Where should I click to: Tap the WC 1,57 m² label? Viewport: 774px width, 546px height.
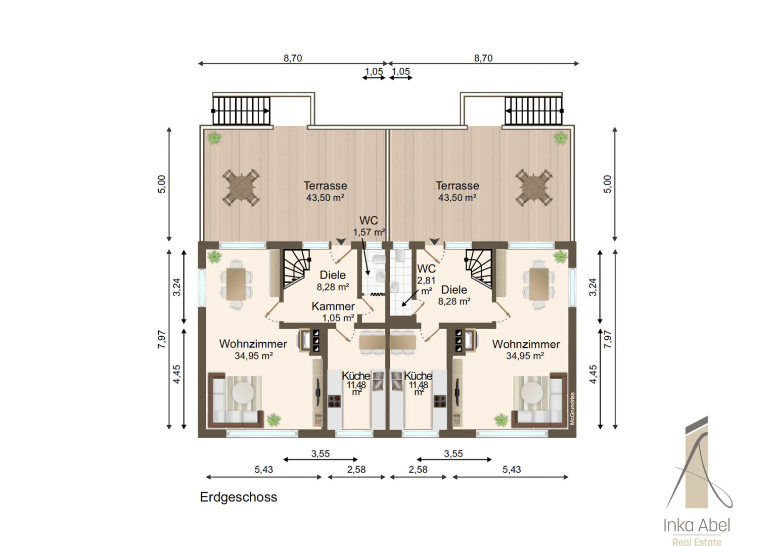(369, 226)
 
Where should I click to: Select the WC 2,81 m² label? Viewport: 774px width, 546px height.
(426, 280)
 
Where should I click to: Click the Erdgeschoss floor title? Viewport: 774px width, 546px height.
(239, 497)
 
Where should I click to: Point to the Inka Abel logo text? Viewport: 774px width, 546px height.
(697, 526)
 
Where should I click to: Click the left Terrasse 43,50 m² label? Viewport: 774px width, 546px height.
(325, 192)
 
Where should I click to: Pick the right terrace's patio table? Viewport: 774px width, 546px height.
(534, 188)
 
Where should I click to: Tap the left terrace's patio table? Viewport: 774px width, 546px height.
(241, 188)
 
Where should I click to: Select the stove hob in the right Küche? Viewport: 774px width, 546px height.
(440, 401)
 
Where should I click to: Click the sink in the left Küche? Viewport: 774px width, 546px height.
(378, 381)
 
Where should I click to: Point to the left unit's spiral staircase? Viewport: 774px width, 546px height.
(296, 269)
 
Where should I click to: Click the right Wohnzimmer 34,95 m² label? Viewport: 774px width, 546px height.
(526, 350)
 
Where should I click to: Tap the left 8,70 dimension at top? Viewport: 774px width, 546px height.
(293, 58)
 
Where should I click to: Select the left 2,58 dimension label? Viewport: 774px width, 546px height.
(356, 470)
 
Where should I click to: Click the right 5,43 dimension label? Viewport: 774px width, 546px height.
(512, 470)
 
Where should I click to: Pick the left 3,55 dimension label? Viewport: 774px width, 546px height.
(321, 453)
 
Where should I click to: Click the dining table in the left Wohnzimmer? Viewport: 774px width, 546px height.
(236, 284)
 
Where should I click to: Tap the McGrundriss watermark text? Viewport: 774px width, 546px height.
(572, 408)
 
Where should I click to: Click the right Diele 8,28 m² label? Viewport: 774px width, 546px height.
(454, 295)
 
